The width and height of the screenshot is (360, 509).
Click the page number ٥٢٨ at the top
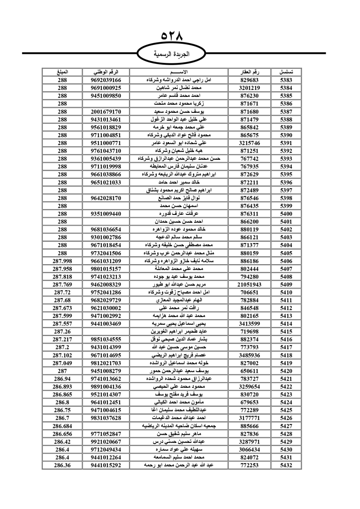pos(172,36)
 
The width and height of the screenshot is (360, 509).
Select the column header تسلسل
pos(286,72)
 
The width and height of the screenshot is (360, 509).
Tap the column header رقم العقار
pos(249,72)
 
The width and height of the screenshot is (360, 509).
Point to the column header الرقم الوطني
pos(106,72)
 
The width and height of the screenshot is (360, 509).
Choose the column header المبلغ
pos(62,72)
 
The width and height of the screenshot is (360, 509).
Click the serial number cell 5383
pos(286,80)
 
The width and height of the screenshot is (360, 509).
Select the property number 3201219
pos(249,88)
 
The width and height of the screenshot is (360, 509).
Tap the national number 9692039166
pos(106,80)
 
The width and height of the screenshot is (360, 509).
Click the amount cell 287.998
pos(62,261)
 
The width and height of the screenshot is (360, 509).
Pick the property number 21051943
pos(249,284)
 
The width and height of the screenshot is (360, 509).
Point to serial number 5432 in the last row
pos(286,465)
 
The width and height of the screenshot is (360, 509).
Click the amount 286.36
pos(62,465)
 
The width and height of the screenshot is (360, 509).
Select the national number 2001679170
pos(106,112)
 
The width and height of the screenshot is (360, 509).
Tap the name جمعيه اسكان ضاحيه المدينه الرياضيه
pos(179,426)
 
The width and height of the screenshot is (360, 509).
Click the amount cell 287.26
pos(62,332)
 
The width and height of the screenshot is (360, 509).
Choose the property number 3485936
pos(249,355)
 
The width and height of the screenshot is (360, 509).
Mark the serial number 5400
pos(286,214)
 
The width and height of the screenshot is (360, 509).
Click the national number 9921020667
pos(106,442)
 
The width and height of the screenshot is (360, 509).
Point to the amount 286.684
pos(62,426)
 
